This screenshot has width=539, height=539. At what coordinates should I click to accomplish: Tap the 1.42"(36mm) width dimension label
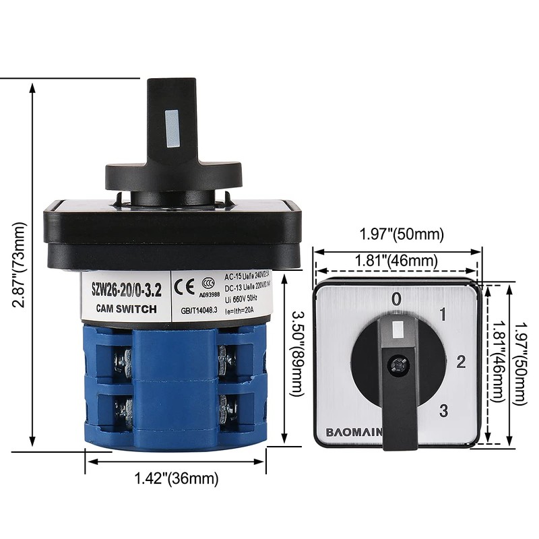pos(177,478)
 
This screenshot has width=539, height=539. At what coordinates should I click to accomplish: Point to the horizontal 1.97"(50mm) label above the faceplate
pos(402,234)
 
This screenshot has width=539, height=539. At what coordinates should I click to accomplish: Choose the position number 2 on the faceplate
pos(462,362)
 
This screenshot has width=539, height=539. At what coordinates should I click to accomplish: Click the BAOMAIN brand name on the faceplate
pos(354,431)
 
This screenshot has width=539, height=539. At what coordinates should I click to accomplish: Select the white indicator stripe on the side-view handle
pos(171,127)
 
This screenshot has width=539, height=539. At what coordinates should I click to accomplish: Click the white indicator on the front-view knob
pos(398,330)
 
